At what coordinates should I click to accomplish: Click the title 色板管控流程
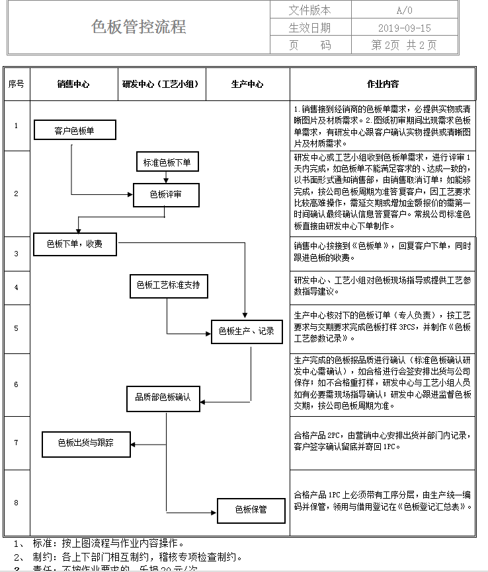139,27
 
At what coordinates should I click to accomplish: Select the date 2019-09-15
404,28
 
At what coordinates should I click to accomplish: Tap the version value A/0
404,10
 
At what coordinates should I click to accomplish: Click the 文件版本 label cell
310,10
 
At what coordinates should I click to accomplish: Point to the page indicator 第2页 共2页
404,45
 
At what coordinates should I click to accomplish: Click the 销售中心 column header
73,84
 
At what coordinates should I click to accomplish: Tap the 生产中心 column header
247,84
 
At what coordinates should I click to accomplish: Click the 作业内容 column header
383,84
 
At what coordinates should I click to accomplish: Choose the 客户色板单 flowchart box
74,130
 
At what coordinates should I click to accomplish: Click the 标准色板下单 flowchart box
167,162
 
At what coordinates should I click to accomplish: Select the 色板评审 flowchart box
166,194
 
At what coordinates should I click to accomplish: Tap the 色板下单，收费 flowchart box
75,244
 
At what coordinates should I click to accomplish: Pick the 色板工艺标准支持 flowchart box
168,285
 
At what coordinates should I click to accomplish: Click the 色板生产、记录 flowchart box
246,331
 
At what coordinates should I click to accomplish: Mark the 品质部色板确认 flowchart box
163,398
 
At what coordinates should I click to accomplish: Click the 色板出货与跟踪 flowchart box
85,443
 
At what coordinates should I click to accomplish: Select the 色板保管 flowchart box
251,509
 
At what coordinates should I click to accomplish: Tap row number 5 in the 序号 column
17,328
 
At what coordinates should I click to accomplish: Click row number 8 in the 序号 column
17,503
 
